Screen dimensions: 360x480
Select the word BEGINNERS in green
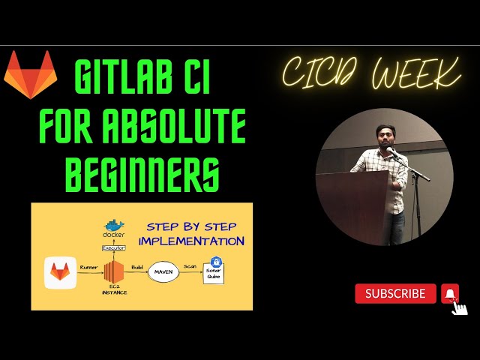click(142, 174)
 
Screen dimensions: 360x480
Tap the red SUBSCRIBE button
click(395, 294)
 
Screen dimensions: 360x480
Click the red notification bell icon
click(450, 293)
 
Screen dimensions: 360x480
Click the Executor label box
click(113, 247)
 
